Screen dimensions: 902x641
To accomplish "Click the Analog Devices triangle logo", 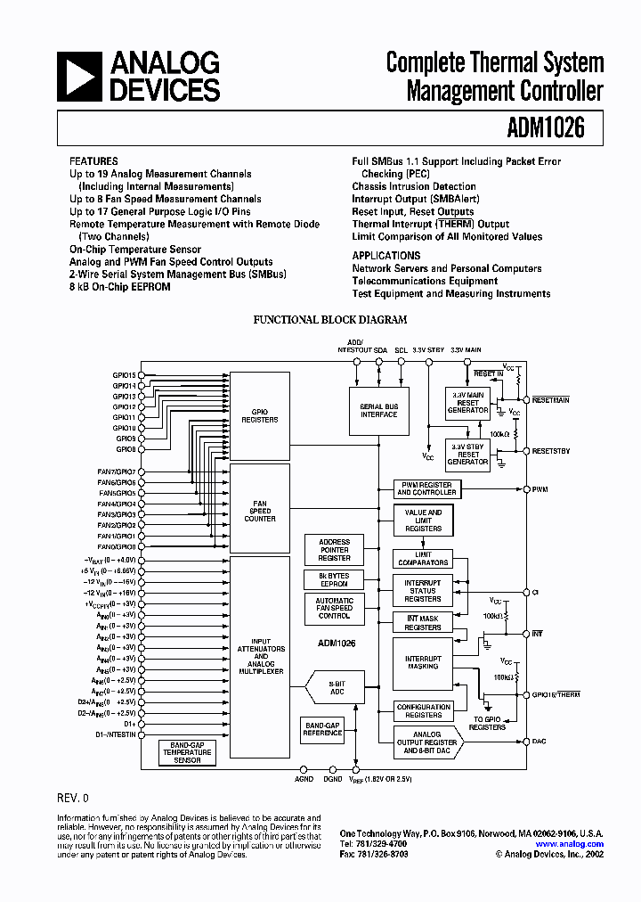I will (x=78, y=76).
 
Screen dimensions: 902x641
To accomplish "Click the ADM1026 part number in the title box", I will (x=548, y=128).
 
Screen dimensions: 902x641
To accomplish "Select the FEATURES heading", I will (x=93, y=161).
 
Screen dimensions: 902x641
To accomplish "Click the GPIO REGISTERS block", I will (x=260, y=414).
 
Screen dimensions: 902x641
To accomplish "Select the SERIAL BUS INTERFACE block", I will (x=378, y=410).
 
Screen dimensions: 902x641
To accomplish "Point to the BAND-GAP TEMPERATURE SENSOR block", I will (x=187, y=752).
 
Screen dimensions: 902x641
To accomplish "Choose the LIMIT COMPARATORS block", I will (x=423, y=559).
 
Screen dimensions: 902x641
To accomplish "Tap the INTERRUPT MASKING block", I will (x=423, y=661).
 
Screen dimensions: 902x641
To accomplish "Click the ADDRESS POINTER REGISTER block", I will (x=334, y=549).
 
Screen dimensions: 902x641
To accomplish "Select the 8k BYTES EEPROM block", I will (x=334, y=579).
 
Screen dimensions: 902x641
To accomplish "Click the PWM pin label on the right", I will (x=540, y=489).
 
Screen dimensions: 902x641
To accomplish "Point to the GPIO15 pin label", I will (x=125, y=375).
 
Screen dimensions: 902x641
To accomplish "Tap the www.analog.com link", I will (x=570, y=843).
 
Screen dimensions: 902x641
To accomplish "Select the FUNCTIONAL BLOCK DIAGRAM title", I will (x=330, y=319).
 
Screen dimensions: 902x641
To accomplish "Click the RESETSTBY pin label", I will (x=551, y=451).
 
